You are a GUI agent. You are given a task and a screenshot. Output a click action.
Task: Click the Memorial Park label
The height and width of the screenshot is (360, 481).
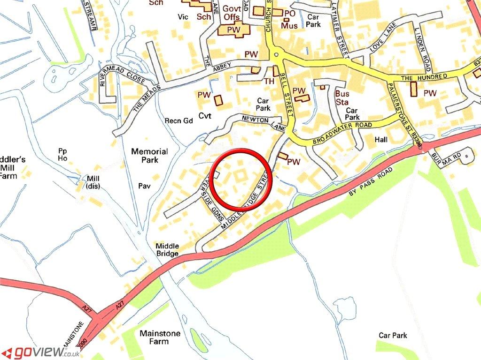pyautogui.click(x=149, y=156)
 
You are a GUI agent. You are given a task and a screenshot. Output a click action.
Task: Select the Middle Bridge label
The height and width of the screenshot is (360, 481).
pyautogui.click(x=167, y=250)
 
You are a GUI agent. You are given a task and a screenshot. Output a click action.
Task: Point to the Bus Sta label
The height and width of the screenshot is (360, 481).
pyautogui.click(x=342, y=97)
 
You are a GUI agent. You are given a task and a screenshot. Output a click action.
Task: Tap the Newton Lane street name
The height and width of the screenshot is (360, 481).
pyautogui.click(x=264, y=123)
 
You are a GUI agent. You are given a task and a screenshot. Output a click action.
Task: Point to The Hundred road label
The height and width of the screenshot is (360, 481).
pyautogui.click(x=420, y=76)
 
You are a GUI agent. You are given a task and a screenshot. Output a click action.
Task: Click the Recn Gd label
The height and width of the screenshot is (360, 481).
pyautogui.click(x=178, y=121)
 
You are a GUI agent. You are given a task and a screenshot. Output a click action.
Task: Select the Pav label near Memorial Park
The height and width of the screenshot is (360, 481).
pyautogui.click(x=144, y=186)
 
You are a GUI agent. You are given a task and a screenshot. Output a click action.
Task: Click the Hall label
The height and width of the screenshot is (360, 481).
pyautogui.click(x=380, y=140)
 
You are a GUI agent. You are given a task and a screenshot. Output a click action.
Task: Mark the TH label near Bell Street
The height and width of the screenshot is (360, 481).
pyautogui.click(x=269, y=81)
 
